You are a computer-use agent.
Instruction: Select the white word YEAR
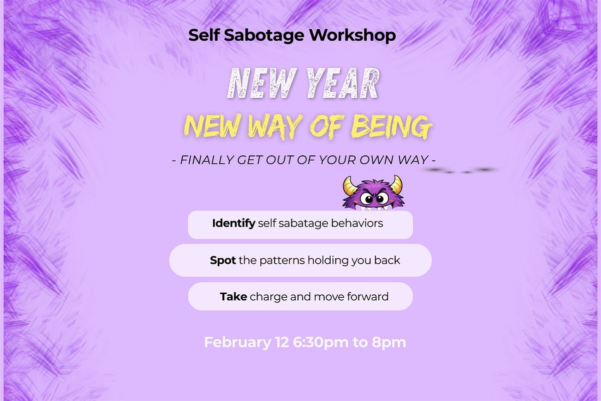[x=343, y=83]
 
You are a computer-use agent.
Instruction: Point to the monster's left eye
[x=366, y=199]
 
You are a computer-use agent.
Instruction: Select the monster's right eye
[x=381, y=199]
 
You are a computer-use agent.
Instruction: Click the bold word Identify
[x=234, y=224]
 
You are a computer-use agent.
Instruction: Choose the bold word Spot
[x=223, y=261]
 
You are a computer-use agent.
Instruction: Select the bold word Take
[x=233, y=297]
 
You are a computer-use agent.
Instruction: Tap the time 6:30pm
[x=321, y=343]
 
